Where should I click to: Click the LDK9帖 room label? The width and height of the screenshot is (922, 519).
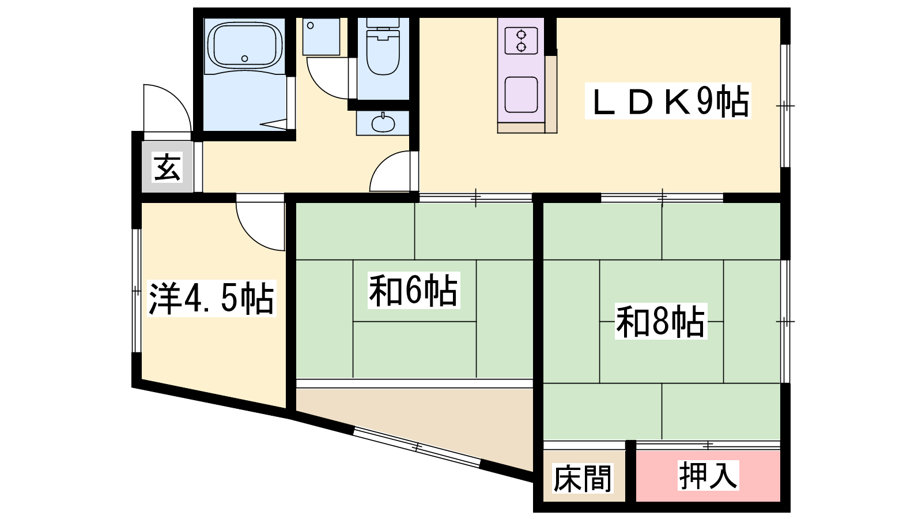click(668, 101)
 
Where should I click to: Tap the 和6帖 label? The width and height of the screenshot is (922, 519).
click(414, 291)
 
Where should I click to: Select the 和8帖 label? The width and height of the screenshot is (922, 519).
click(660, 321)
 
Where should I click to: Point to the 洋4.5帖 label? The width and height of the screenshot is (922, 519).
click(211, 298)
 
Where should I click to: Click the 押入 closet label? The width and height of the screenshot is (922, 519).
click(708, 476)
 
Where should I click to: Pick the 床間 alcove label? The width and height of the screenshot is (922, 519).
click(583, 478)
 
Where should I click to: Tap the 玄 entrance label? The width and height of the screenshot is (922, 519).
click(167, 167)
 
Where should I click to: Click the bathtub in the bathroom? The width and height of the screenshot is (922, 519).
click(245, 46)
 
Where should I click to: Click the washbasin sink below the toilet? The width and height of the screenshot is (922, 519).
click(383, 123)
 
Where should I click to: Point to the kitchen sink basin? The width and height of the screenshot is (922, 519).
click(521, 95)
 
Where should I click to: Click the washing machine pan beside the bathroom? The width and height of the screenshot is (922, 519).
click(322, 37)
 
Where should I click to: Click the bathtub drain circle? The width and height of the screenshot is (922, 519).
click(245, 58)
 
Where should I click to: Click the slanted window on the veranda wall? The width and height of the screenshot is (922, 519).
click(417, 447)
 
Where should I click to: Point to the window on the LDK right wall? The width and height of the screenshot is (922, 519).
click(785, 106)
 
